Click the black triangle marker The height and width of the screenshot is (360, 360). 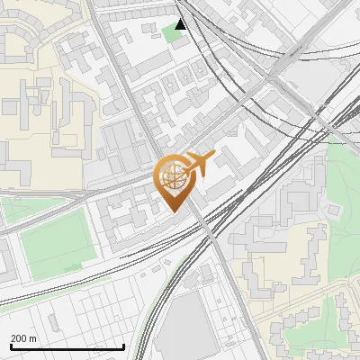click(182, 24)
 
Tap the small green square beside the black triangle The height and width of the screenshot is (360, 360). click(171, 33)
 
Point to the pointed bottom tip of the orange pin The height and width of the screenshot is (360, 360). click(173, 211)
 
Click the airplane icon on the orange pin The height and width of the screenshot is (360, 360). click(199, 165)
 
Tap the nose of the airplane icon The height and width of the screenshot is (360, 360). click(212, 157)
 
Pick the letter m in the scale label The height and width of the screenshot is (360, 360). click(34, 338)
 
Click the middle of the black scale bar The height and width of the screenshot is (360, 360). click(67, 346)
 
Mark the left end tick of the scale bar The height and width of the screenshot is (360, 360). click(11, 346)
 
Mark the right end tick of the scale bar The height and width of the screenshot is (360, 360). click(124, 346)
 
